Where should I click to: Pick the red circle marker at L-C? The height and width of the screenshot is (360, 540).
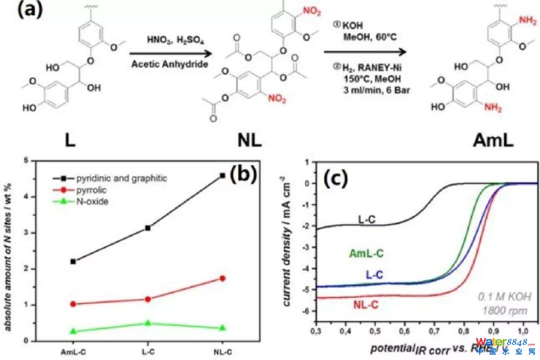point(147,299)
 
